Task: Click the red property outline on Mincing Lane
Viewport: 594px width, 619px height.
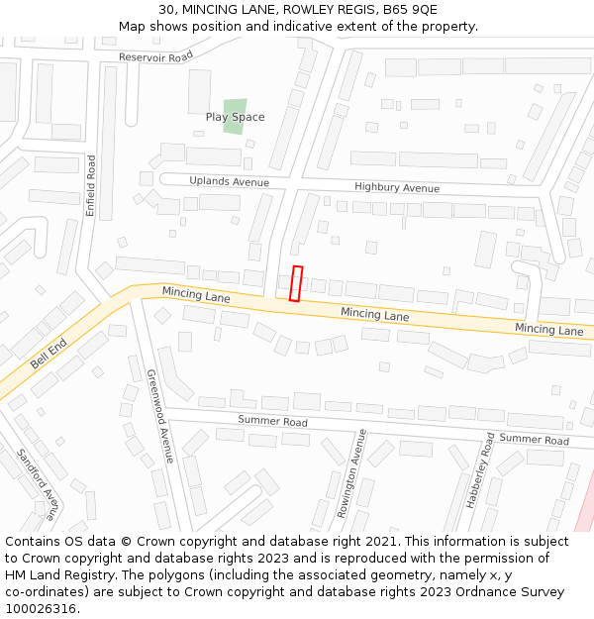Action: click(x=295, y=282)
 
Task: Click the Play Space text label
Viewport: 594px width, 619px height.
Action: click(x=236, y=117)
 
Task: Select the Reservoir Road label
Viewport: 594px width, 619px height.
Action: click(x=155, y=57)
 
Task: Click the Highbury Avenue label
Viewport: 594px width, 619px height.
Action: click(x=396, y=187)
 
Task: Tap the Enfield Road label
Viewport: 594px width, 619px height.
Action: click(x=91, y=185)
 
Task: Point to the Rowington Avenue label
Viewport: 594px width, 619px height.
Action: click(x=351, y=473)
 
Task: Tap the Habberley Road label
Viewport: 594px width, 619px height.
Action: click(x=480, y=470)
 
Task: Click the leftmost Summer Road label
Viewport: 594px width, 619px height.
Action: click(x=272, y=421)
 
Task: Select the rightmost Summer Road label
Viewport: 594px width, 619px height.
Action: click(x=534, y=439)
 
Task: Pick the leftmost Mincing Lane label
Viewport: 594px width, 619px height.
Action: click(x=196, y=294)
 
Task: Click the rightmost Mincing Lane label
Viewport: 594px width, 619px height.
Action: click(x=548, y=329)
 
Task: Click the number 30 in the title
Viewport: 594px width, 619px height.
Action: click(x=166, y=9)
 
